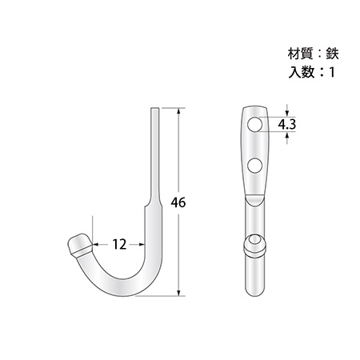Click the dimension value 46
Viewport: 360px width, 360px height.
click(178, 202)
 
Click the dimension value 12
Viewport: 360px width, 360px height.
click(119, 244)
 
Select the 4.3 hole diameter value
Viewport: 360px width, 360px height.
click(286, 124)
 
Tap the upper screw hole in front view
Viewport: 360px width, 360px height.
click(254, 124)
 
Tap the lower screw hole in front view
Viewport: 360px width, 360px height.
click(254, 166)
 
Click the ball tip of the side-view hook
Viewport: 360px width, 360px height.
click(79, 244)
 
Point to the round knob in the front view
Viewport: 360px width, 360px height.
click(255, 246)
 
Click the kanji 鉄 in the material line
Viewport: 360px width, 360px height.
click(332, 54)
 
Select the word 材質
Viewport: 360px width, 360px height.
click(301, 54)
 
